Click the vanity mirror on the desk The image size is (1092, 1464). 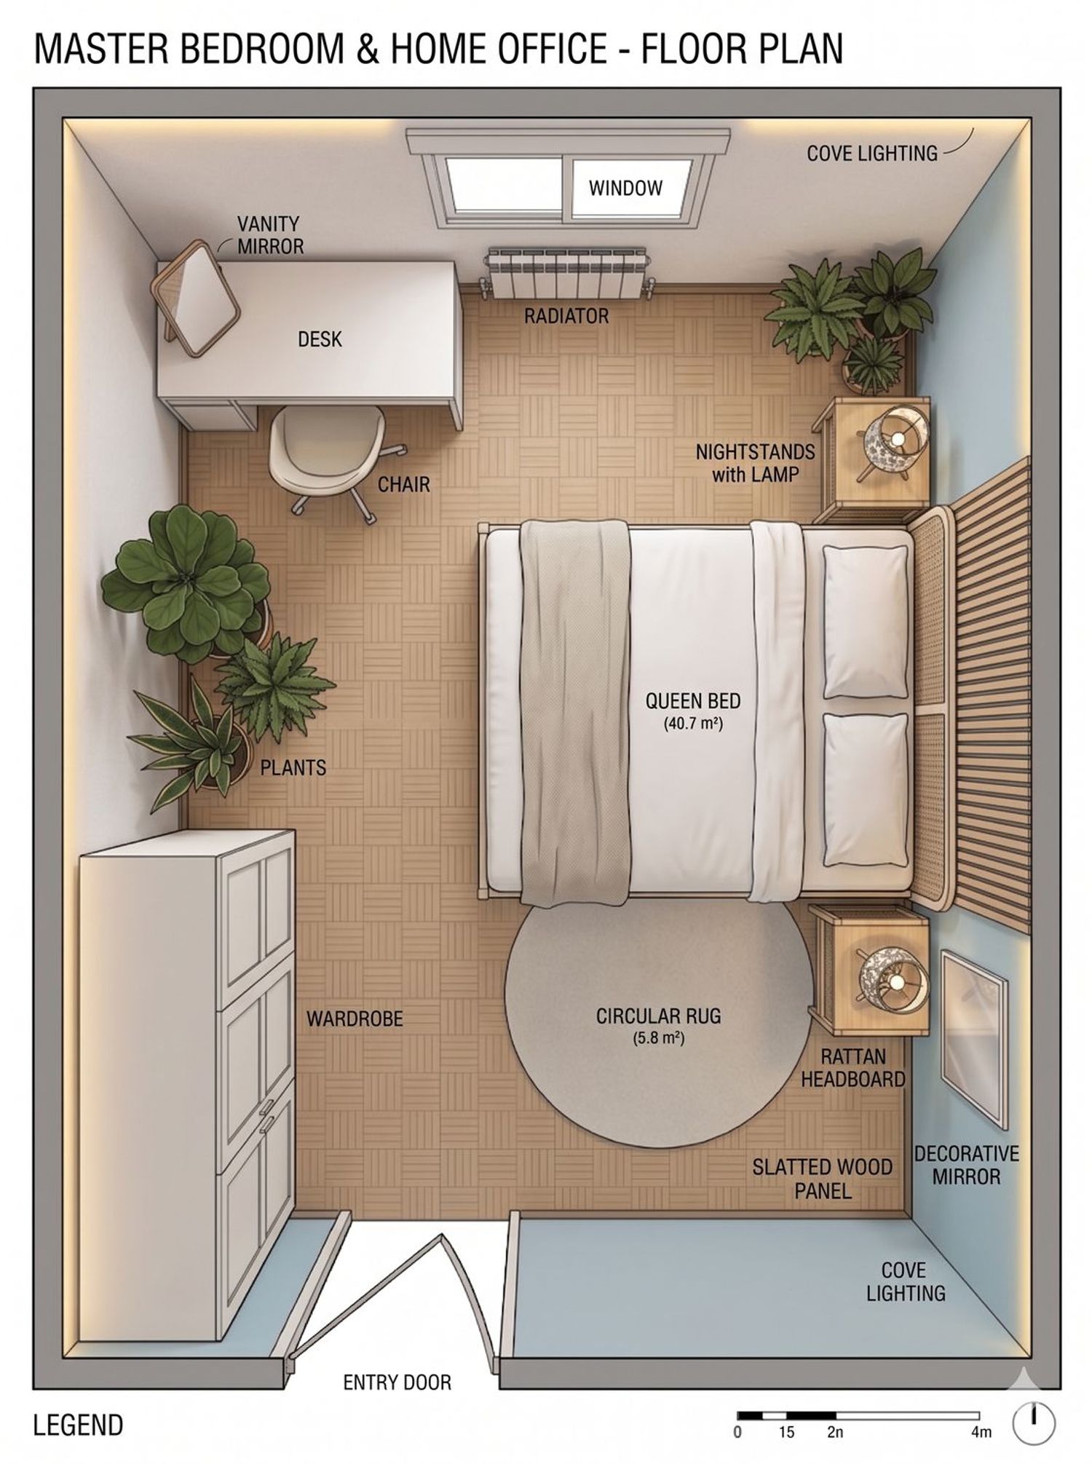(195, 298)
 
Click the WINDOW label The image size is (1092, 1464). (625, 189)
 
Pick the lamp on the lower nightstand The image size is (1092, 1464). (892, 980)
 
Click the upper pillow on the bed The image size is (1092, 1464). (866, 621)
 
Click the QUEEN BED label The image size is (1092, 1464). (693, 701)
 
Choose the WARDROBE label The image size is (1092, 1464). (355, 1018)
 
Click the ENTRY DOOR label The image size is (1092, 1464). (397, 1382)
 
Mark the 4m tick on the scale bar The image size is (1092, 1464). (979, 1416)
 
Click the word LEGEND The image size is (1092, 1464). (78, 1425)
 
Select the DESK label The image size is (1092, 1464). (320, 339)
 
